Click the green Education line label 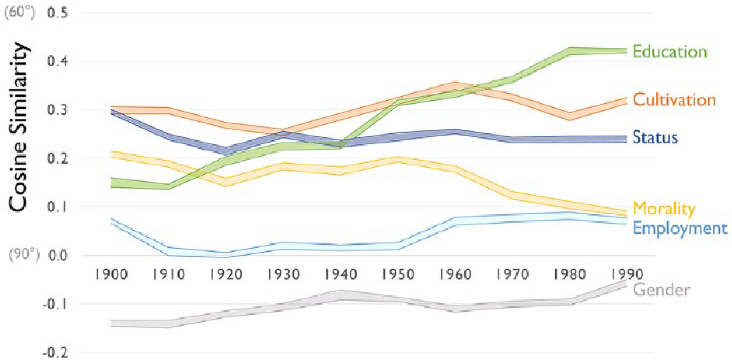(x=670, y=52)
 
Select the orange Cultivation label (x=674, y=100)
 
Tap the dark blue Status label (x=656, y=139)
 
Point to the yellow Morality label (x=664, y=209)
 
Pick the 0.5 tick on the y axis (x=58, y=12)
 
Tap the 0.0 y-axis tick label (x=58, y=255)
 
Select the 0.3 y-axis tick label (x=58, y=110)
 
